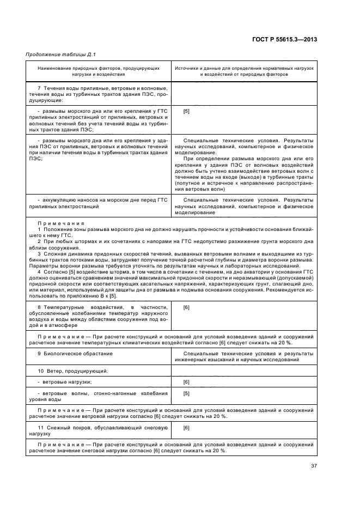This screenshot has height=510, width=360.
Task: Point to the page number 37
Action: tap(314, 465)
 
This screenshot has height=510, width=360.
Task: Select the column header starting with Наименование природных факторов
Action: tap(99, 71)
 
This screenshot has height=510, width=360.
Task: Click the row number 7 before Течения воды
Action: tap(39, 88)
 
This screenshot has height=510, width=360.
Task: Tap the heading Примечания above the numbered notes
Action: tap(60, 223)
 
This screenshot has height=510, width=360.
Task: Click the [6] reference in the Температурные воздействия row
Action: tap(186, 308)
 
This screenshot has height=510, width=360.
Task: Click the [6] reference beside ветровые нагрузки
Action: tap(186, 382)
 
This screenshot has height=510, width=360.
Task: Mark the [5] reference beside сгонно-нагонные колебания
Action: tap(186, 393)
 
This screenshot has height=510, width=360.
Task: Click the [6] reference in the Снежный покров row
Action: tap(186, 428)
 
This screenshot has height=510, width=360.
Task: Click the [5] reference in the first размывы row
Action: tap(186, 111)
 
